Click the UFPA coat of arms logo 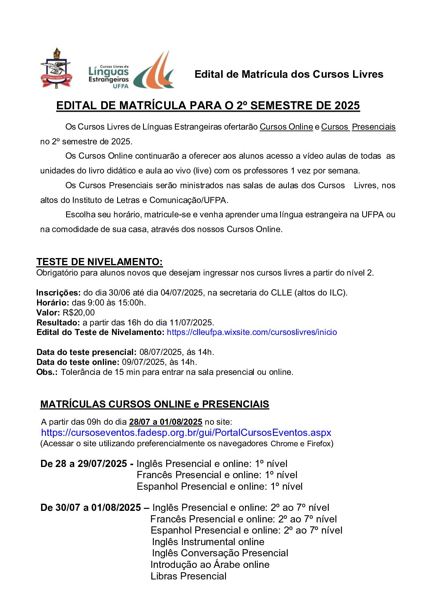click(x=56, y=69)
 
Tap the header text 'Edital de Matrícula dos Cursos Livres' click(x=289, y=74)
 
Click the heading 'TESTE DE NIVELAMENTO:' click(x=100, y=262)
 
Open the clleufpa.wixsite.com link click(x=251, y=332)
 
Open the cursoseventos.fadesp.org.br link click(x=186, y=433)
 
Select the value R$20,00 click(x=79, y=313)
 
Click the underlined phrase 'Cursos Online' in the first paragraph click(x=286, y=127)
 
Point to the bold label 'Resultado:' click(x=58, y=323)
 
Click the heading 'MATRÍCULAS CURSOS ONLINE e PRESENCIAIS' click(x=155, y=404)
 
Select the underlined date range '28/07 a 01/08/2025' click(x=165, y=422)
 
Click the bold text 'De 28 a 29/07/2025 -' click(x=87, y=464)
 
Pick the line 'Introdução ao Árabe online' click(x=210, y=565)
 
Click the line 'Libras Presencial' click(x=188, y=576)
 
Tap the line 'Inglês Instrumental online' click(x=208, y=542)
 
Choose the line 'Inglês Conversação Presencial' click(x=220, y=553)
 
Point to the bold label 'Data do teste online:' click(x=78, y=362)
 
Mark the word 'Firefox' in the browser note click(x=318, y=444)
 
